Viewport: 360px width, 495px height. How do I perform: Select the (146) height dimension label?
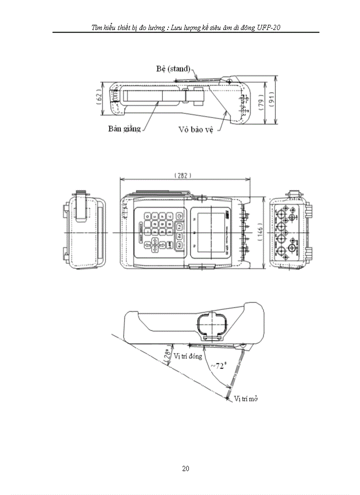point(274,232)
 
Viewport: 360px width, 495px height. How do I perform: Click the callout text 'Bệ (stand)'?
point(173,69)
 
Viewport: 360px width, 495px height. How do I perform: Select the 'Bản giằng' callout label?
point(124,129)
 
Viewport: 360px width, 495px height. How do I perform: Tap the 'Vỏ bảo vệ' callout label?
point(196,130)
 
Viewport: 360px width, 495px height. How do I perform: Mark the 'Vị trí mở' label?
point(246,398)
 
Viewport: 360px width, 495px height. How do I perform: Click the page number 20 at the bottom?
point(186,469)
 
